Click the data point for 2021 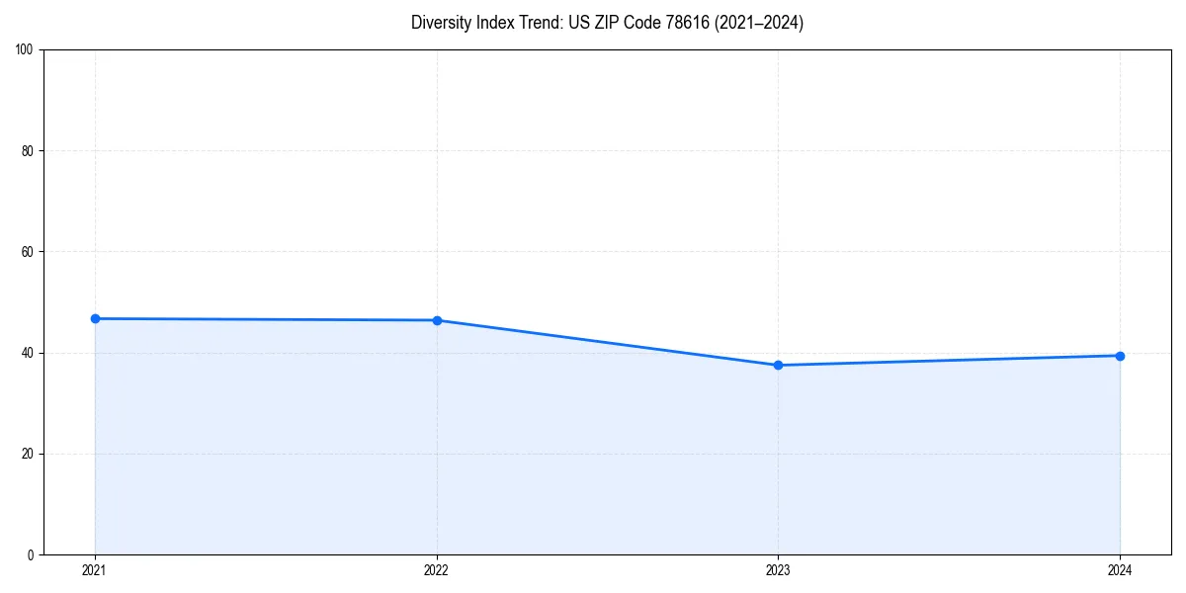click(95, 318)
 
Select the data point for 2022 click(437, 320)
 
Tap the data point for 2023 click(778, 365)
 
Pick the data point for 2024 click(1120, 356)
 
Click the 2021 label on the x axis click(95, 570)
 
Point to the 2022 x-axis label click(437, 570)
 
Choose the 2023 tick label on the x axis click(778, 570)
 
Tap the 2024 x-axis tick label click(1120, 570)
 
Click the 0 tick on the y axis click(31, 554)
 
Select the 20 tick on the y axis click(28, 454)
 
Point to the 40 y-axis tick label click(28, 353)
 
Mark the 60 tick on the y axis click(28, 252)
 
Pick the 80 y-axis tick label click(28, 151)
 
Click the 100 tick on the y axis click(25, 49)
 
